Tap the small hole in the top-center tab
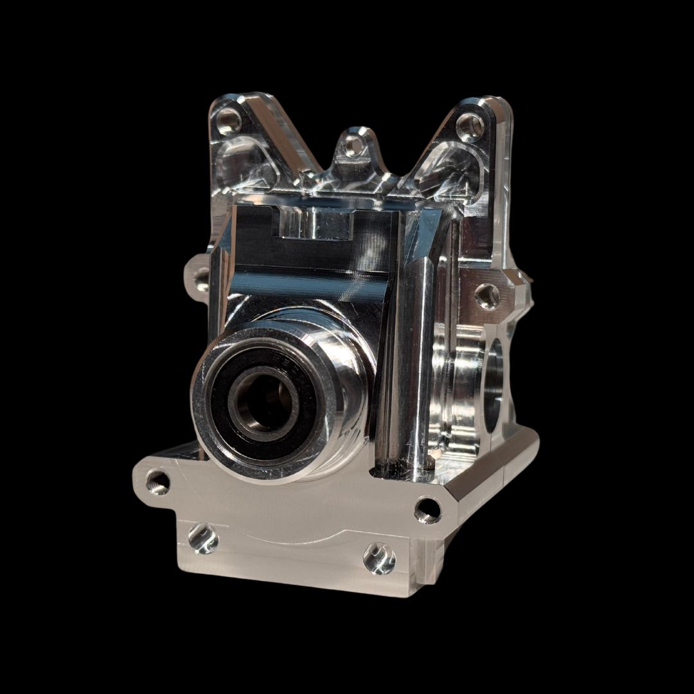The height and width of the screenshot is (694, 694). pos(350,145)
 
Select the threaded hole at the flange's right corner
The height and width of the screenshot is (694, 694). pos(427,509)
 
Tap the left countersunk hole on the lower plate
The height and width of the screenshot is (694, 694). pos(203,538)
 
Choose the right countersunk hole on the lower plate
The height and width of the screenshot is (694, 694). pos(379,557)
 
